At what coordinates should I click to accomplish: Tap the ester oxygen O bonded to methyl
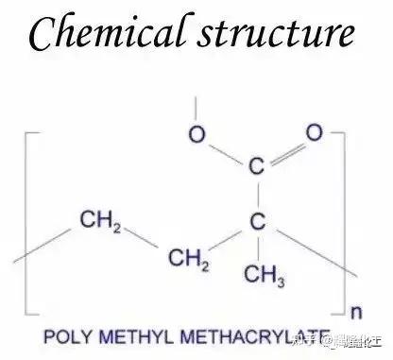click(x=196, y=134)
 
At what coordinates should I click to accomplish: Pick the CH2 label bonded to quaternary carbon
click(x=188, y=256)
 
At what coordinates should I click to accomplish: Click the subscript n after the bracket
click(x=354, y=311)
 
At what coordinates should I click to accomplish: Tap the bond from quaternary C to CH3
click(x=255, y=247)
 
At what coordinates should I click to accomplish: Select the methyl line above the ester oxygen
click(x=194, y=108)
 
